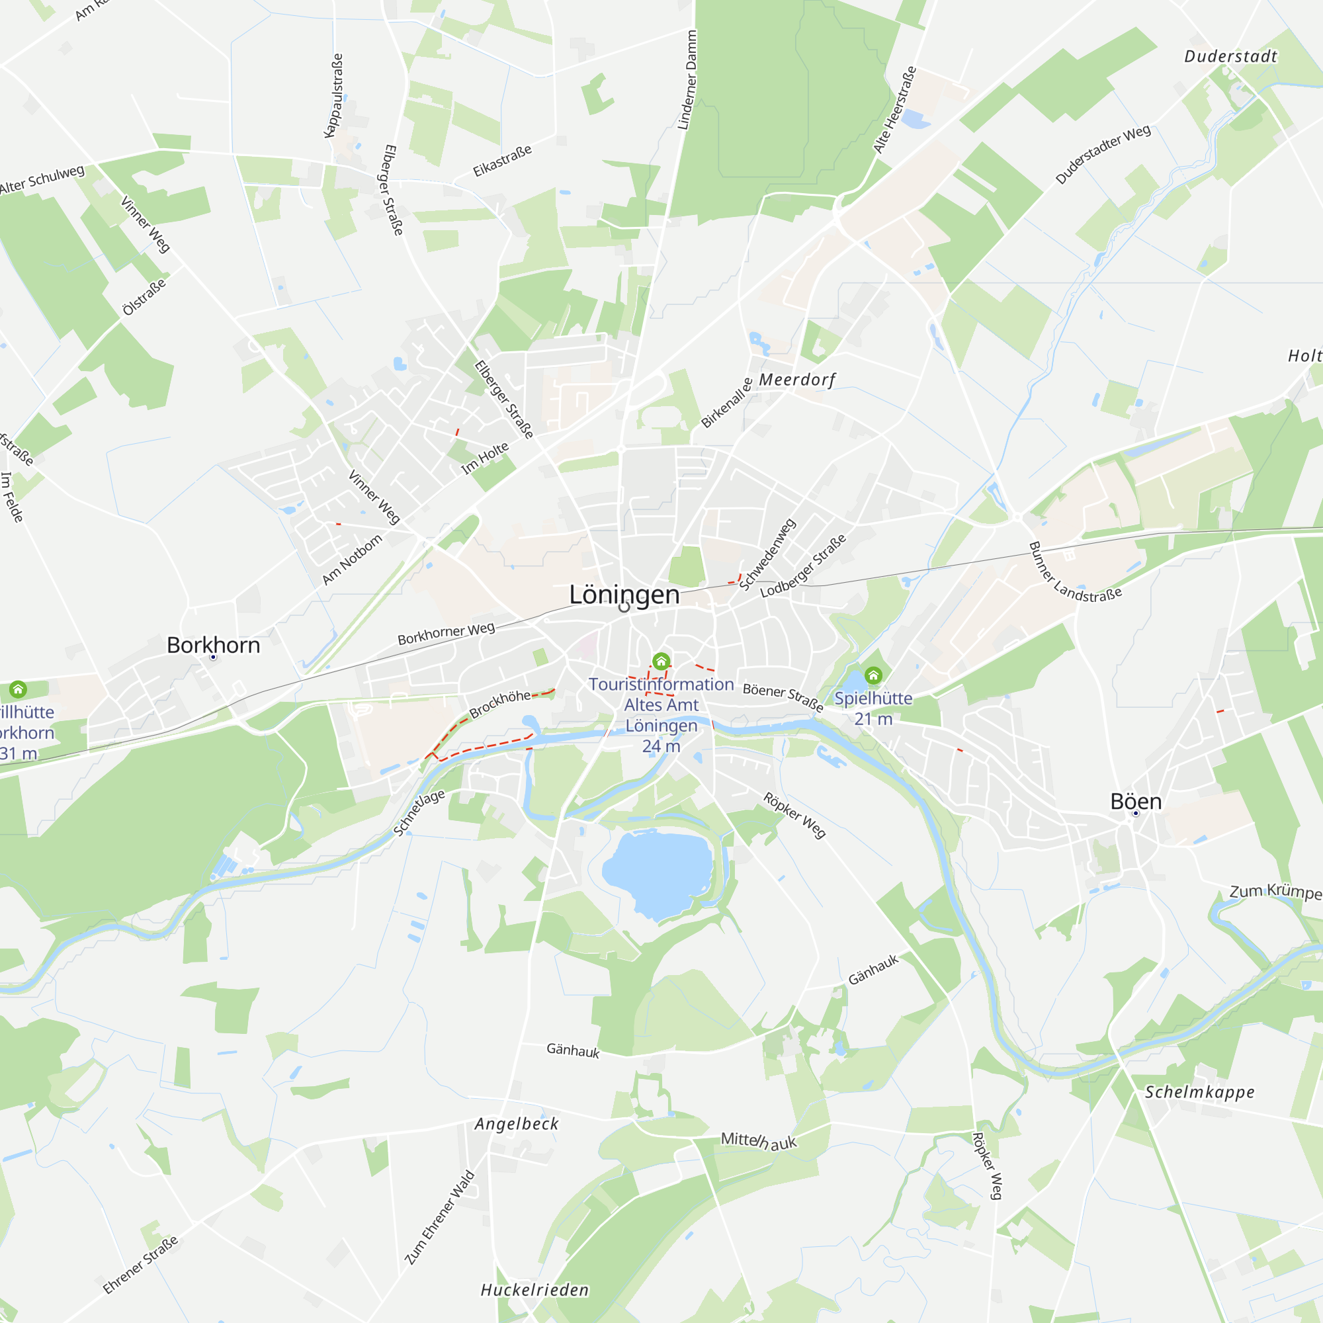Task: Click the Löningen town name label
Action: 624,595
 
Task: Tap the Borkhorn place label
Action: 213,645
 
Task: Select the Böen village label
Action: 1135,801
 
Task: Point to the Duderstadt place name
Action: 1230,56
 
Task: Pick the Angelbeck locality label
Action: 517,1124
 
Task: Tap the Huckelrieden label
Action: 534,1290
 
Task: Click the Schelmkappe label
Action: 1200,1092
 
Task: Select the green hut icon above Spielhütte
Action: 873,676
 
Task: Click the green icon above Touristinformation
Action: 661,661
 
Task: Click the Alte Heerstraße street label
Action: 894,110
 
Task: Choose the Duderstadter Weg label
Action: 1103,155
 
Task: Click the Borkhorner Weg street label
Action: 446,634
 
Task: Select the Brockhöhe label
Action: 500,703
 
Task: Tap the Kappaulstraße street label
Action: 333,96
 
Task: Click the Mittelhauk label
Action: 759,1141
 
